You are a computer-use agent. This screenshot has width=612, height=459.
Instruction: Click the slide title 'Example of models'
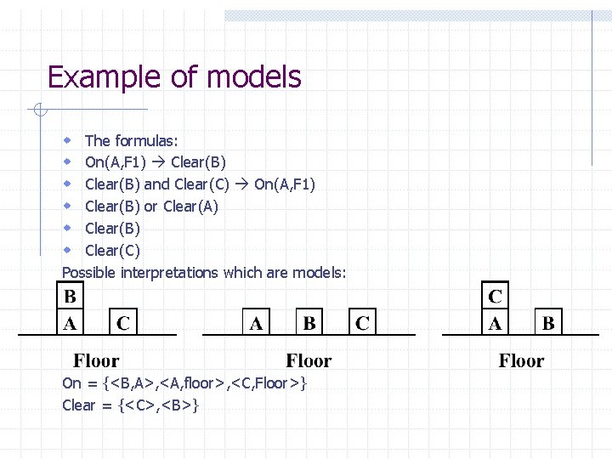pyautogui.click(x=174, y=77)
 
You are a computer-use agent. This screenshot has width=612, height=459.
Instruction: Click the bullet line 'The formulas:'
pyautogui.click(x=131, y=140)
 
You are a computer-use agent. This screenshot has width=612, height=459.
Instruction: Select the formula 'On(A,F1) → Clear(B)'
pyautogui.click(x=156, y=162)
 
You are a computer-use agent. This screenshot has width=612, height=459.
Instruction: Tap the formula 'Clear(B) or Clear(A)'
pyautogui.click(x=151, y=207)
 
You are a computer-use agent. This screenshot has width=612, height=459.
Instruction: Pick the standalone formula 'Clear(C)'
pyautogui.click(x=112, y=251)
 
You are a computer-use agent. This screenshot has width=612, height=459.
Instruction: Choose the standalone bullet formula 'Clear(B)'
pyautogui.click(x=112, y=229)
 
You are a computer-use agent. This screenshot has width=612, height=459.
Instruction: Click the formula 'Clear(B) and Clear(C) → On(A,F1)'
pyautogui.click(x=200, y=184)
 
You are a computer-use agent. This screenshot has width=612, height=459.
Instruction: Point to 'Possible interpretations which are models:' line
pyautogui.click(x=204, y=273)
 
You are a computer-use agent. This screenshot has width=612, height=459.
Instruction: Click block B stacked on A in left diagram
pyautogui.click(x=70, y=297)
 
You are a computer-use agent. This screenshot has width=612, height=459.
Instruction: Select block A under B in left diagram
pyautogui.click(x=70, y=323)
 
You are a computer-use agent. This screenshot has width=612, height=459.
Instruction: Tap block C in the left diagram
pyautogui.click(x=123, y=323)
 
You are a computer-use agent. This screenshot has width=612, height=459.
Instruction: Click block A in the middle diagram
pyautogui.click(x=255, y=323)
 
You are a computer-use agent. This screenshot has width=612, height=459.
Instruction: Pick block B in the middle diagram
pyautogui.click(x=309, y=323)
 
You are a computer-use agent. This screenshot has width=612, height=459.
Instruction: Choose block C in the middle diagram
pyautogui.click(x=362, y=323)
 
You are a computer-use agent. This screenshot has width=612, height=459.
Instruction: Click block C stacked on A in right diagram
pyautogui.click(x=495, y=297)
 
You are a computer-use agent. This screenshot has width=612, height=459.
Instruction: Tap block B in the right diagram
pyautogui.click(x=548, y=323)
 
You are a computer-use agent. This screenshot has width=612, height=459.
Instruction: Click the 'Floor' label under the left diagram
pyautogui.click(x=95, y=360)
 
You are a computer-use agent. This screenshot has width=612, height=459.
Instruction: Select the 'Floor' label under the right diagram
pyautogui.click(x=521, y=360)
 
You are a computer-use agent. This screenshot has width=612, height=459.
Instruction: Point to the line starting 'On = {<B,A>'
pyautogui.click(x=184, y=383)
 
